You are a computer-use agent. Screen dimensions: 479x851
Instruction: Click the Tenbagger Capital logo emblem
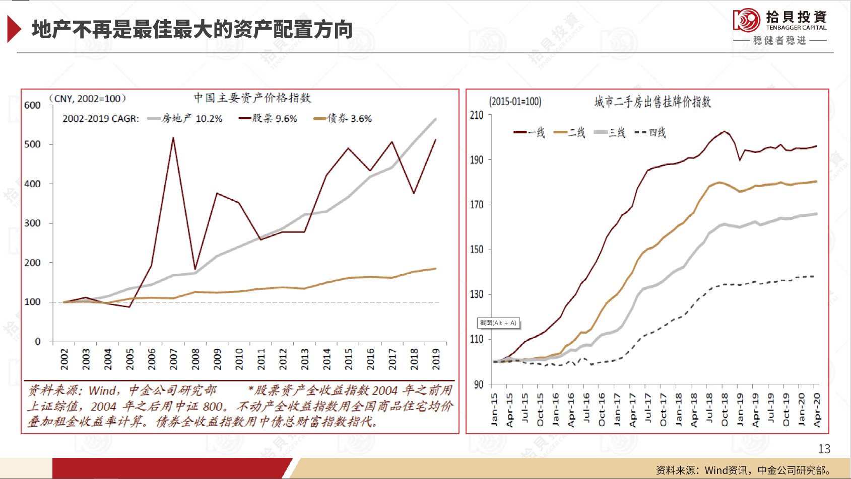point(746,21)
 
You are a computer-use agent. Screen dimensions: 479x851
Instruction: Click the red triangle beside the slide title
point(14,29)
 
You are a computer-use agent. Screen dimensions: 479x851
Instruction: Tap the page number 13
point(824,449)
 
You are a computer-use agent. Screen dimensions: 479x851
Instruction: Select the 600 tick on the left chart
point(32,105)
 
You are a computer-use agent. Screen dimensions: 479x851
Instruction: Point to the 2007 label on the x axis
point(173,359)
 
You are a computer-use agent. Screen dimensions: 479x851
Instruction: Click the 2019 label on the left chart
point(436,359)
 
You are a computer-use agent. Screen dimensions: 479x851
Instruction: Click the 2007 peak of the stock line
point(173,138)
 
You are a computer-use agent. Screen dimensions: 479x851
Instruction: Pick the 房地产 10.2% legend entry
point(185,119)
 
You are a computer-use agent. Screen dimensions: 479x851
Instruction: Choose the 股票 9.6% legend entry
point(268,119)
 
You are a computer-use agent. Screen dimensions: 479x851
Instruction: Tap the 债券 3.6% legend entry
point(343,119)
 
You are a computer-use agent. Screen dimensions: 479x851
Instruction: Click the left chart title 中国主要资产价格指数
point(252,98)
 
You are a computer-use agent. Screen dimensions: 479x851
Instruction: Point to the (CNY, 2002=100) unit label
point(88,99)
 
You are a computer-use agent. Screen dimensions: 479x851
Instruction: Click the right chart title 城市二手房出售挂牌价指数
point(652,102)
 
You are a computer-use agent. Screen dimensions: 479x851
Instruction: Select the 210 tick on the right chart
point(477,115)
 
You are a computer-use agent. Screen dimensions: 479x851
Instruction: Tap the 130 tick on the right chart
point(477,294)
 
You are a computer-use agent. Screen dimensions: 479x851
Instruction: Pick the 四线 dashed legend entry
point(650,133)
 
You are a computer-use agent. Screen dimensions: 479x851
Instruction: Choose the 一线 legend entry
point(530,133)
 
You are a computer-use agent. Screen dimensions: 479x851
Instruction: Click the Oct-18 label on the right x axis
point(725,410)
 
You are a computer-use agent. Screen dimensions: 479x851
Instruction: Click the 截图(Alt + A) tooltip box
point(498,323)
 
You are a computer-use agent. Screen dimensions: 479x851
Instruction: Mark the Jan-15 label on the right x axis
point(494,410)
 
